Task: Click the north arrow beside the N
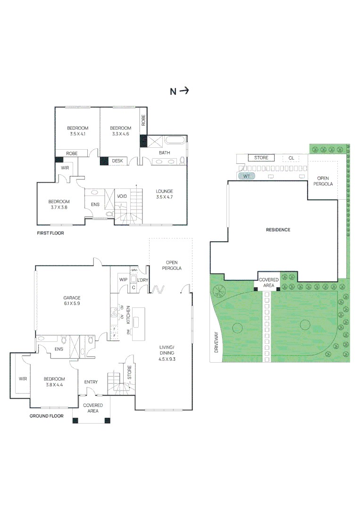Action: click(184, 91)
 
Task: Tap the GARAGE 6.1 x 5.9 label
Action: click(72, 301)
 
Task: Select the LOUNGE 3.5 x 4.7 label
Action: click(165, 194)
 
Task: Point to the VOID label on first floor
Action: click(122, 196)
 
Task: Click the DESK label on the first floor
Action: click(117, 161)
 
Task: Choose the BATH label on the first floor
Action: click(164, 153)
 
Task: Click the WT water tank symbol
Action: click(246, 176)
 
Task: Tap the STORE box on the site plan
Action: click(261, 158)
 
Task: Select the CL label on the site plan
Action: click(291, 158)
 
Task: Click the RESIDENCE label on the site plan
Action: click(278, 230)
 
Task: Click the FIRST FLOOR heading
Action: click(50, 233)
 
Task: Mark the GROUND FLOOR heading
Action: click(47, 416)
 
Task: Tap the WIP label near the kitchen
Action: click(123, 280)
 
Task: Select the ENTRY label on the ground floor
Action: click(91, 382)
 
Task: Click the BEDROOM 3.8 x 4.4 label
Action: click(54, 382)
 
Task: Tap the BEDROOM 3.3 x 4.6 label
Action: click(120, 131)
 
